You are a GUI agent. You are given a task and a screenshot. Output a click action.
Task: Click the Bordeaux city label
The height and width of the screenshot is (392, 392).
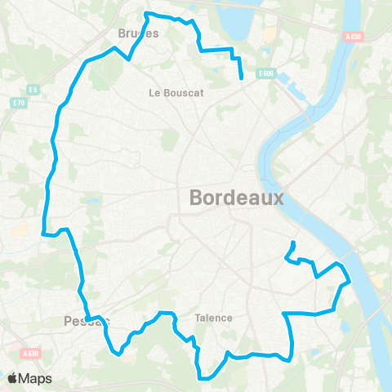point(237,197)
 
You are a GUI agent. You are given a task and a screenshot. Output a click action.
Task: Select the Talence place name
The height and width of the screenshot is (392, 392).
point(213,318)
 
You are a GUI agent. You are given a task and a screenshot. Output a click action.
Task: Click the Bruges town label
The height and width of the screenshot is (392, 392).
point(138,33)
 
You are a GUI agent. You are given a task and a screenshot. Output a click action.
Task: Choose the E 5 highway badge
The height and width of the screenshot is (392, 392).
point(33,88)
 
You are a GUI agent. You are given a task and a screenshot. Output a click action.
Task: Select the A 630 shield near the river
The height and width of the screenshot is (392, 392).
point(353,36)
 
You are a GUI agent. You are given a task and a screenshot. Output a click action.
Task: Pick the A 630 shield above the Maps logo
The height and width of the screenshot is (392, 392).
point(31,353)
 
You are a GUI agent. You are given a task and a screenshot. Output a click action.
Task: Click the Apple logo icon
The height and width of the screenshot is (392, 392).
point(13,378)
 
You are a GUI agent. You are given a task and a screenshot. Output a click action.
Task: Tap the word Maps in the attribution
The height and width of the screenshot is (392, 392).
point(37,378)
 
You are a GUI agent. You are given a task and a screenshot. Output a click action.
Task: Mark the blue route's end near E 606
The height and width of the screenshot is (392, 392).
point(243,78)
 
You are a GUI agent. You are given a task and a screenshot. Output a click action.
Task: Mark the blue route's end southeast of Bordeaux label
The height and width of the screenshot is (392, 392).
point(293,243)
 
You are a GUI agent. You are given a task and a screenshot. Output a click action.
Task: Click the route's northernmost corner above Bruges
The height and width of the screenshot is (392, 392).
point(146,14)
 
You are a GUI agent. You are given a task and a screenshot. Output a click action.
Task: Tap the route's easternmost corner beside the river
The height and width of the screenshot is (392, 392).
point(350,283)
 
